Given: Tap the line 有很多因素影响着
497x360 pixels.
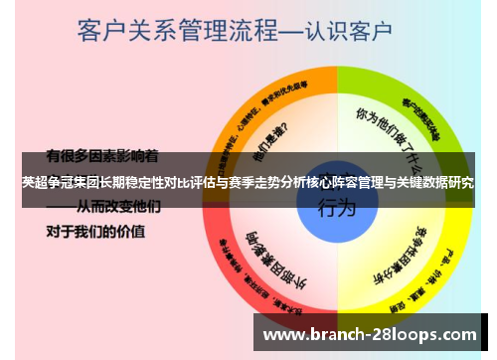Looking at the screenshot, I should (102, 156).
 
